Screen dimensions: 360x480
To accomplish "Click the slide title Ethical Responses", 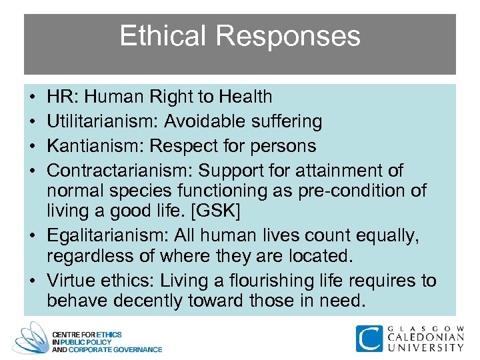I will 239,37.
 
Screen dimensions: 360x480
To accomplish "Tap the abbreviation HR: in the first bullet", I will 61,97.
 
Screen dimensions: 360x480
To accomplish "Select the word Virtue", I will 71,281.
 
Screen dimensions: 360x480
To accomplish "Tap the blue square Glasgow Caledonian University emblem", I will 369,339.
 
